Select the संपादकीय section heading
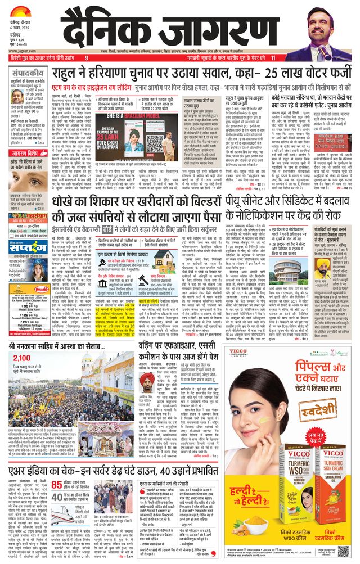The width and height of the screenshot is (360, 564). tap(28, 73)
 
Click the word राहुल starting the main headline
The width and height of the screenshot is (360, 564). tap(67, 74)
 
